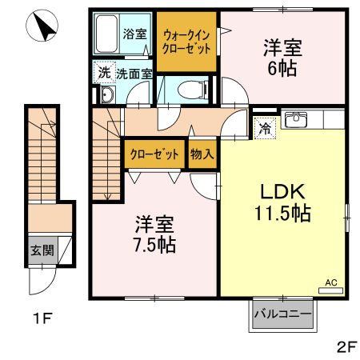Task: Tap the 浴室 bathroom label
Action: tap(135, 34)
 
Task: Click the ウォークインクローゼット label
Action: tap(186, 41)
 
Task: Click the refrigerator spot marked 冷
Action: tap(264, 126)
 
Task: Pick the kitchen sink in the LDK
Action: tap(297, 120)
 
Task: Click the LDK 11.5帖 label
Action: tap(281, 202)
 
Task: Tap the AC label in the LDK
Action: tap(330, 282)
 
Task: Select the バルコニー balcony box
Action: tap(282, 314)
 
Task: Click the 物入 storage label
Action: tap(202, 155)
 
